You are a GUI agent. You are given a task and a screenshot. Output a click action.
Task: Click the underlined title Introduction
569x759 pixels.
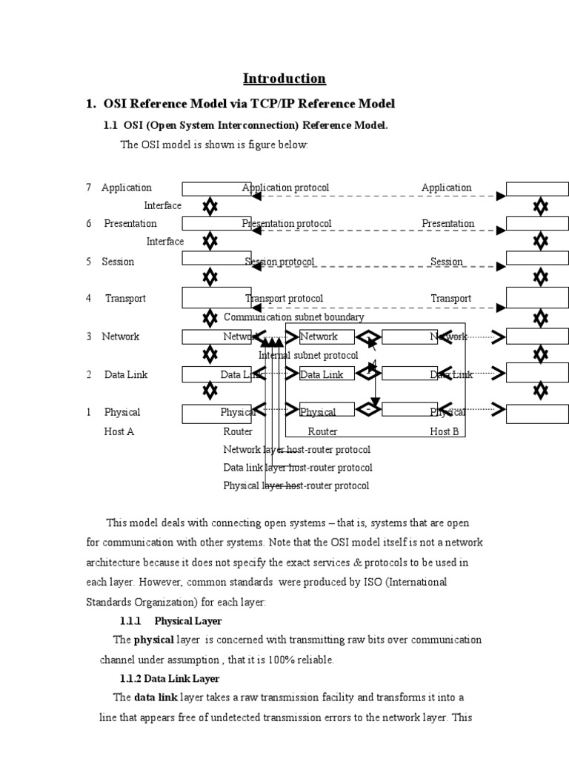pos(284,79)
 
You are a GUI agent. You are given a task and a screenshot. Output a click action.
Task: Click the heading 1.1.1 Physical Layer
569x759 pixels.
pos(170,620)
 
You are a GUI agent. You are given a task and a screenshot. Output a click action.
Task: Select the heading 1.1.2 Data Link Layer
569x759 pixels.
pos(170,678)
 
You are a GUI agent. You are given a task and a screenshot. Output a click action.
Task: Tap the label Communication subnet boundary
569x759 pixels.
pos(294,317)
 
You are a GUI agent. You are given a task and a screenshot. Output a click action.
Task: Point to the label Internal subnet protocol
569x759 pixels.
pos(308,356)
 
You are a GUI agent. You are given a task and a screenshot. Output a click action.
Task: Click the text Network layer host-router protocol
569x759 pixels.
pos(296,449)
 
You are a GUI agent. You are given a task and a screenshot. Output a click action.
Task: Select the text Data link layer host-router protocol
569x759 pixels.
pos(298,468)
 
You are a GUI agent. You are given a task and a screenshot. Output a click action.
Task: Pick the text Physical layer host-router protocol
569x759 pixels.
pos(296,485)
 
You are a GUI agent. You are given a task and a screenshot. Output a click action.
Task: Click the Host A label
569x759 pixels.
pos(119,431)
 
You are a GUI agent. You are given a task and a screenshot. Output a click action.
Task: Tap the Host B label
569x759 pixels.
pos(445,431)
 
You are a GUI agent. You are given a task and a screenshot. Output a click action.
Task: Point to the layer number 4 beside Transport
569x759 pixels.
pos(88,299)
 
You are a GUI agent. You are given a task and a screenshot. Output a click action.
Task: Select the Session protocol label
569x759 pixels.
pos(280,262)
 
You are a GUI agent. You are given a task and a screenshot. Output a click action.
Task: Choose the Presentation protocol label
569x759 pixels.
pos(287,223)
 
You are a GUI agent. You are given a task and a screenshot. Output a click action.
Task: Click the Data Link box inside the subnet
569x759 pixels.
pos(322,375)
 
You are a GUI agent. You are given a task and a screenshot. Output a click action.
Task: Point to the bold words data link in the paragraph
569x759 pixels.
pos(156,697)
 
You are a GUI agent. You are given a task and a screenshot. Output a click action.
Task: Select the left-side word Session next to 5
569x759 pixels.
pos(118,262)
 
